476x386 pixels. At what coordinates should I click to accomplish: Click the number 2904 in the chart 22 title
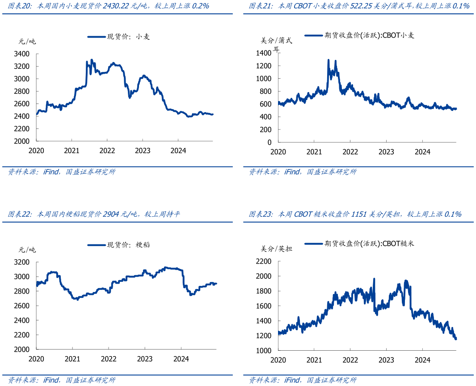[x=110, y=214]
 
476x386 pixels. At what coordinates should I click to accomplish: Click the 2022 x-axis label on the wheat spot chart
[x=107, y=151]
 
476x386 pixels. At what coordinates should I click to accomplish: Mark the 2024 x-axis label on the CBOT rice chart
[x=422, y=360]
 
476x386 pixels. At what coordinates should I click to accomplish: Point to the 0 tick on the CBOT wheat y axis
[x=269, y=143]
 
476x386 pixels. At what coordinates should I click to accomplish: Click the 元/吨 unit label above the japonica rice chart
[x=27, y=250]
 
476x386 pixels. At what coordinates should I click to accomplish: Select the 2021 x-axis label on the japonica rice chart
[x=72, y=359]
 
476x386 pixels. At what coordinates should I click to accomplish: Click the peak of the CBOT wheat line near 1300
[x=329, y=60]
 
